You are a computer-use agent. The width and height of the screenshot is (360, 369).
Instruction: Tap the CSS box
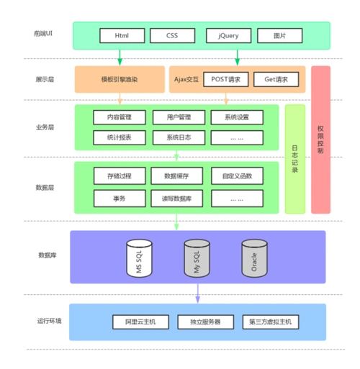click(x=172, y=35)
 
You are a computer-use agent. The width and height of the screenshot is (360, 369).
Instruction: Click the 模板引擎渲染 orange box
click(x=120, y=79)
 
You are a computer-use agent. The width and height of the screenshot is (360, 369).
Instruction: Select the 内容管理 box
click(x=120, y=117)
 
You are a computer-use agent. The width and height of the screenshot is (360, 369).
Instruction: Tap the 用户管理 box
click(x=179, y=117)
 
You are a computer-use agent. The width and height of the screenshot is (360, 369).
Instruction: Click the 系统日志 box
click(x=179, y=137)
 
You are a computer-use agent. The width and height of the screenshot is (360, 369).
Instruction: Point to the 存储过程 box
click(x=120, y=176)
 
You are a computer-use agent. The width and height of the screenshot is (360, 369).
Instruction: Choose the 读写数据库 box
click(x=179, y=197)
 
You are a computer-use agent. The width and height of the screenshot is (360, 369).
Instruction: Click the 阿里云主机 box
click(x=140, y=322)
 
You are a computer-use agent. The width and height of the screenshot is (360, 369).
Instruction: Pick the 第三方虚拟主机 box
click(x=270, y=322)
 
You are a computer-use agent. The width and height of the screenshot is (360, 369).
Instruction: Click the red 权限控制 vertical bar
click(x=320, y=140)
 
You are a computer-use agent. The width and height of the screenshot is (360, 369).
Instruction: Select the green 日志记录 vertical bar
click(x=295, y=159)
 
